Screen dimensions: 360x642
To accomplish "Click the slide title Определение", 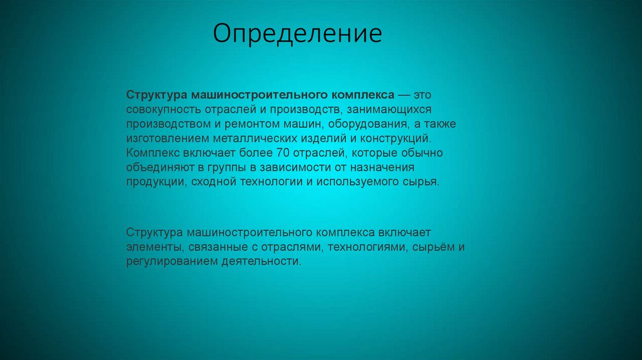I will pos(297,34).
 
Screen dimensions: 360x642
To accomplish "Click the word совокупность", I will pos(160,109).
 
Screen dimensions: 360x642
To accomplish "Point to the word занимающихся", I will pos(394,109).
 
